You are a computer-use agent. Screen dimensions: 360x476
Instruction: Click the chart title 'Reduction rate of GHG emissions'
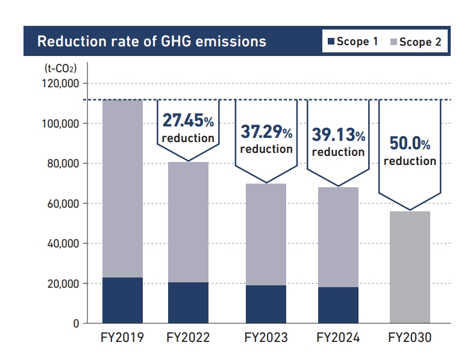pyautogui.click(x=151, y=42)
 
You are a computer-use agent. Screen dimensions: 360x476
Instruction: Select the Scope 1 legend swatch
pyautogui.click(x=330, y=42)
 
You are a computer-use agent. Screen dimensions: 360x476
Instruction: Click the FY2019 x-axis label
pyautogui.click(x=122, y=338)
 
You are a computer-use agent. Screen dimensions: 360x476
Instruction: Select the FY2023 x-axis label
pyautogui.click(x=266, y=338)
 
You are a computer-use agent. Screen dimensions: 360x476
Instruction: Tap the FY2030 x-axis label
pyautogui.click(x=410, y=338)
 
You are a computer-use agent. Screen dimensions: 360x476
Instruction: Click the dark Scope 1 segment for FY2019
pyautogui.click(x=122, y=300)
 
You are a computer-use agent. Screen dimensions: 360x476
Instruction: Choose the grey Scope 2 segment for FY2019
pyautogui.click(x=122, y=188)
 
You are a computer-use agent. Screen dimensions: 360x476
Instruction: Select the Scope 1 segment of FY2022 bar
pyautogui.click(x=188, y=302)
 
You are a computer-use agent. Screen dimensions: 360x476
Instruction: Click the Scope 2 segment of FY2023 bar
pyautogui.click(x=266, y=234)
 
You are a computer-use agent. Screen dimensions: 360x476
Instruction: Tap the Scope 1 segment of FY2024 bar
pyautogui.click(x=338, y=305)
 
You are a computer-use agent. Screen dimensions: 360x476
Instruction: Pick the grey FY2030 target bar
pyautogui.click(x=410, y=267)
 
